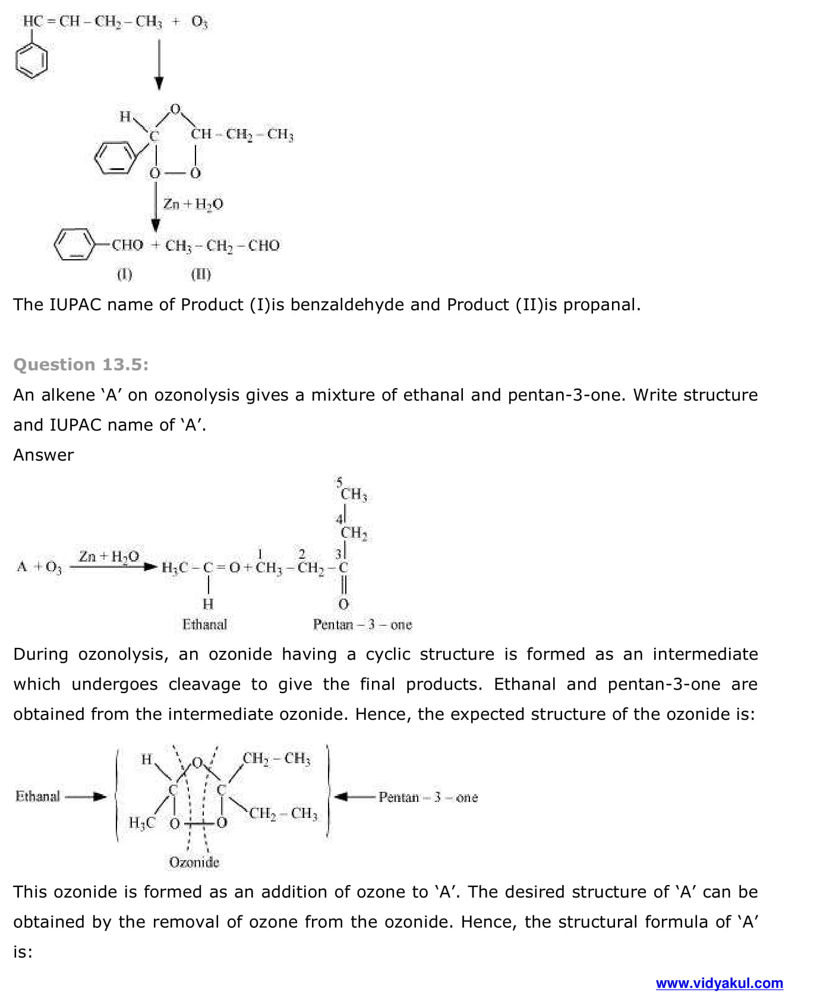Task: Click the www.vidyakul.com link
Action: coord(719,983)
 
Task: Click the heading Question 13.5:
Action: coord(81,364)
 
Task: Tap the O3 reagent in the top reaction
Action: coord(199,22)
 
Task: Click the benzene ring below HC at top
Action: coord(31,62)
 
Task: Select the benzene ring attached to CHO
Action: coord(74,244)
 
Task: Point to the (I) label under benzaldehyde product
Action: coord(124,274)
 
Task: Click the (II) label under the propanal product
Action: coord(201,274)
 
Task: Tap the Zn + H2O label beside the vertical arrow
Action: coord(193,204)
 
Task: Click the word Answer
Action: coord(43,455)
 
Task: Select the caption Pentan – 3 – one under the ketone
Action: coord(362,624)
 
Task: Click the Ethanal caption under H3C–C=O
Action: coord(204,624)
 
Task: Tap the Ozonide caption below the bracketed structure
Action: coord(194,862)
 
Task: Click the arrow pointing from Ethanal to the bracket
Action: coord(86,797)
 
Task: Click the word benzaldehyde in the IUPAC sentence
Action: coord(347,304)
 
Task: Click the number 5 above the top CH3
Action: coord(339,481)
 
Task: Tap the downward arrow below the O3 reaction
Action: coord(159,65)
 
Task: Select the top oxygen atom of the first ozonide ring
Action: coord(175,109)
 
